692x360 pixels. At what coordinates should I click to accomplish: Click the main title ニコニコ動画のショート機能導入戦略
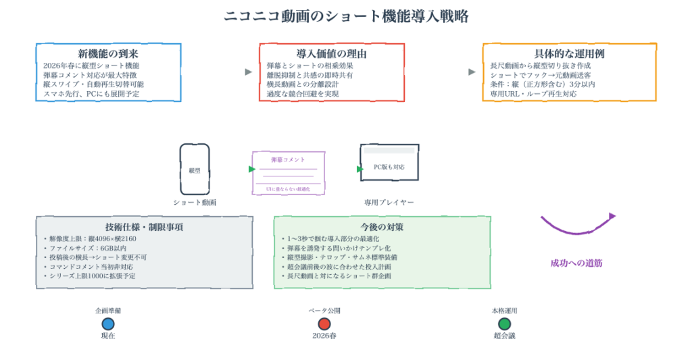(x=345, y=16)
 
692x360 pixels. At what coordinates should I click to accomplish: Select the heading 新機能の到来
(x=108, y=53)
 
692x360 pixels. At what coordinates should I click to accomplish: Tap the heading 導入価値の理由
(x=331, y=53)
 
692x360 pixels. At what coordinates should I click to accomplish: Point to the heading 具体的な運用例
(x=568, y=53)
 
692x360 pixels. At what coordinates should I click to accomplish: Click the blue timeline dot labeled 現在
(x=108, y=324)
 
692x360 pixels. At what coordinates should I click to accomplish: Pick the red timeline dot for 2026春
(x=324, y=324)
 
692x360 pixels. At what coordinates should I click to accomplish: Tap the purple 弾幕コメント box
(x=288, y=173)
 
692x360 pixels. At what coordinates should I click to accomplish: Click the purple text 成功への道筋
(x=576, y=263)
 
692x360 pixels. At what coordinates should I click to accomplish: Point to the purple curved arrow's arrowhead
(x=612, y=216)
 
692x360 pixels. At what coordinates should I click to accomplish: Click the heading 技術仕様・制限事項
(x=145, y=227)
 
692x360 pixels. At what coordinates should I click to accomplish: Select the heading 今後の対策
(x=382, y=227)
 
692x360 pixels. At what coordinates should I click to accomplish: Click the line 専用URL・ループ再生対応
(x=533, y=94)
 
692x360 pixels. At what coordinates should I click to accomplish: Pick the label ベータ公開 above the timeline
(x=324, y=311)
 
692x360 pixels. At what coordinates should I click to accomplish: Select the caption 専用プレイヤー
(x=389, y=202)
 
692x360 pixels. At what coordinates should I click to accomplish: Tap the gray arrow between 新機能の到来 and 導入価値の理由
(x=249, y=72)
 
